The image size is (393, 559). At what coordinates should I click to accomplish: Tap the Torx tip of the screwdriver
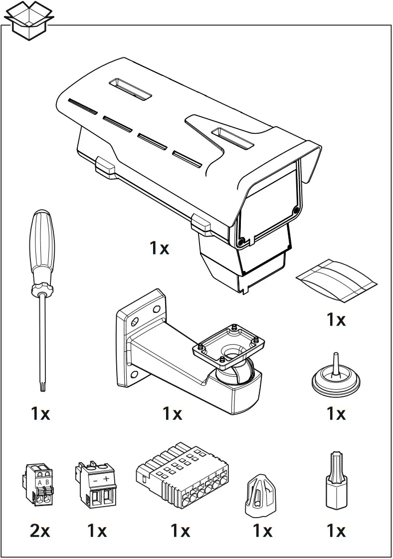point(42,386)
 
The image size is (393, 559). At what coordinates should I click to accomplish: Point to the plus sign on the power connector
point(106,479)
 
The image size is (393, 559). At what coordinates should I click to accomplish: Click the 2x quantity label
point(40,531)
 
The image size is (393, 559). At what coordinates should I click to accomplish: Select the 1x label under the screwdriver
point(40,413)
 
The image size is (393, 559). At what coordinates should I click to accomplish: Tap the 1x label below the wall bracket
point(172,413)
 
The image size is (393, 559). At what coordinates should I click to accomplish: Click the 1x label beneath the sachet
point(336,319)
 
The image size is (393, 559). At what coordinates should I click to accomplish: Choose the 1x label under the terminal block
point(180,531)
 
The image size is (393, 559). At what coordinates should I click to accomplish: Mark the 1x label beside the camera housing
point(160,248)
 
